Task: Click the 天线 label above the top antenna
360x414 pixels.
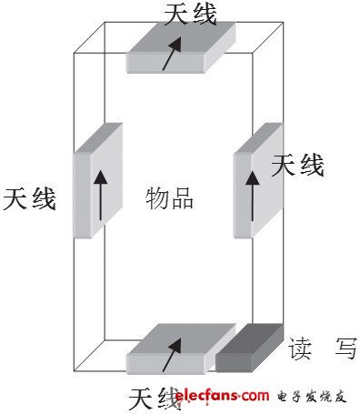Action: pyautogui.click(x=190, y=13)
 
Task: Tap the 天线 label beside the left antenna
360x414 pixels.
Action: pyautogui.click(x=30, y=198)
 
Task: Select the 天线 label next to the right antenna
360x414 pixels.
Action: pyautogui.click(x=297, y=166)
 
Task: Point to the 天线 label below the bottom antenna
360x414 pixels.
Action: pyautogui.click(x=150, y=398)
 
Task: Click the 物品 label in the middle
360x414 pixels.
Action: pyautogui.click(x=170, y=198)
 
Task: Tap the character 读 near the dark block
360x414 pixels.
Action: pyautogui.click(x=301, y=348)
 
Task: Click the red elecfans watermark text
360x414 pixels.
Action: pyautogui.click(x=222, y=395)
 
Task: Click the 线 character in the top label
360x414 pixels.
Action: pyautogui.click(x=204, y=13)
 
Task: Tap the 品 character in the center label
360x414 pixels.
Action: pyautogui.click(x=182, y=198)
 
